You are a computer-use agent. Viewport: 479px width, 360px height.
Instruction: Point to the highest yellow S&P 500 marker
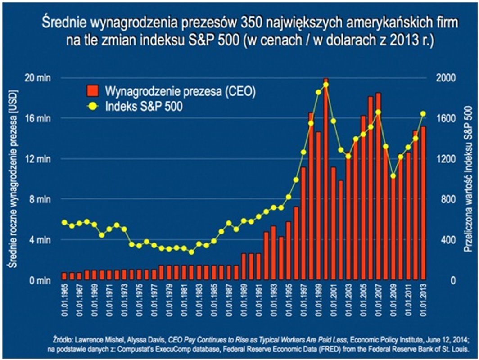326,85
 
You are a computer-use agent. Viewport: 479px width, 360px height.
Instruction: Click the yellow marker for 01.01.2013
423,114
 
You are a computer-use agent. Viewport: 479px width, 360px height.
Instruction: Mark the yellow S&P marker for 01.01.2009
393,176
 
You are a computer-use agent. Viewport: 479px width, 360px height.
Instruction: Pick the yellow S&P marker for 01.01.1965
64,222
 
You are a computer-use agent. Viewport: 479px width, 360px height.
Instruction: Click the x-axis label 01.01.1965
64,297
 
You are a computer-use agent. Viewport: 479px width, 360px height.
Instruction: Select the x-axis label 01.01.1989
244,297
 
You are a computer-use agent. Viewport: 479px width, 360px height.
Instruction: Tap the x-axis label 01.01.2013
423,297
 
